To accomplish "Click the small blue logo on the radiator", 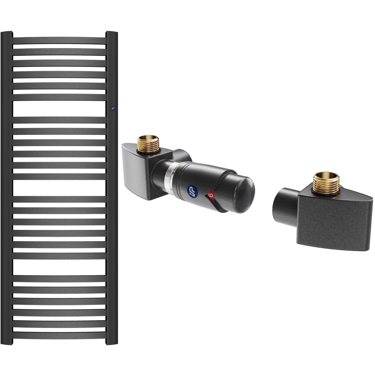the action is click(x=112, y=108).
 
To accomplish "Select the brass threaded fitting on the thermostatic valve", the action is click(x=148, y=144).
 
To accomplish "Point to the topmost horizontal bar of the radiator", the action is click(x=59, y=41).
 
